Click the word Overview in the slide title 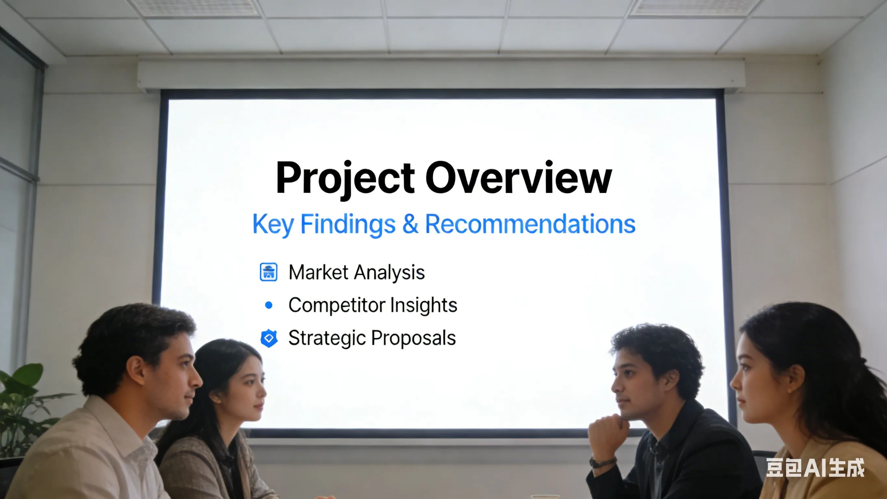tap(519, 178)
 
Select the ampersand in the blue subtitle tap(410, 224)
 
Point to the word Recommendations tap(530, 224)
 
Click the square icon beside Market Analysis tap(269, 272)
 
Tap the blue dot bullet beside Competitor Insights tap(269, 305)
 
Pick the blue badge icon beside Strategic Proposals tap(269, 338)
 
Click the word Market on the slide tap(318, 272)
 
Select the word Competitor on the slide tap(336, 305)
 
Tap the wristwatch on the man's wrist tap(603, 462)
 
